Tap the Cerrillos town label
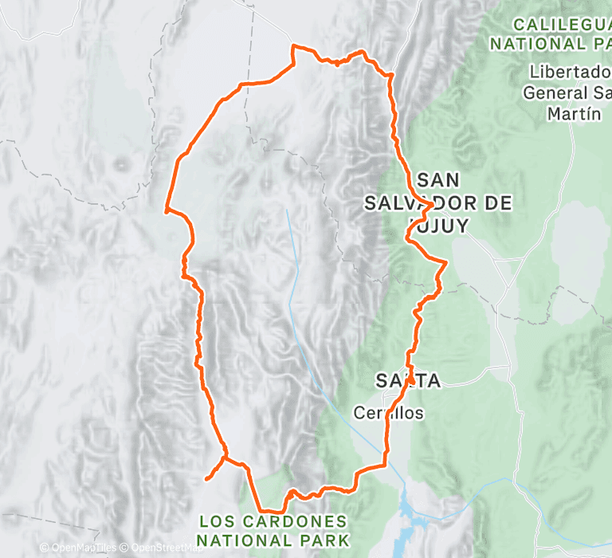click(389, 413)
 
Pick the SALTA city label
click(409, 380)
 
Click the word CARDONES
click(291, 521)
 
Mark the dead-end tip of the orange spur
click(206, 478)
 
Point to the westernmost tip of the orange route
click(166, 211)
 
